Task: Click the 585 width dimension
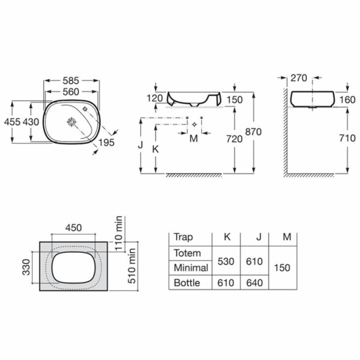[71, 81]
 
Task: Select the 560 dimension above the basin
[71, 92]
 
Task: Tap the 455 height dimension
[12, 122]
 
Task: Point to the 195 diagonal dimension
[106, 142]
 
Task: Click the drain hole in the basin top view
[71, 122]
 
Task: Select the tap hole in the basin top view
[85, 109]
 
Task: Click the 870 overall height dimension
[254, 132]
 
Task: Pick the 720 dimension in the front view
[235, 139]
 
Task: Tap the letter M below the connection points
[194, 138]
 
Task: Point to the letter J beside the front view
[140, 145]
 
